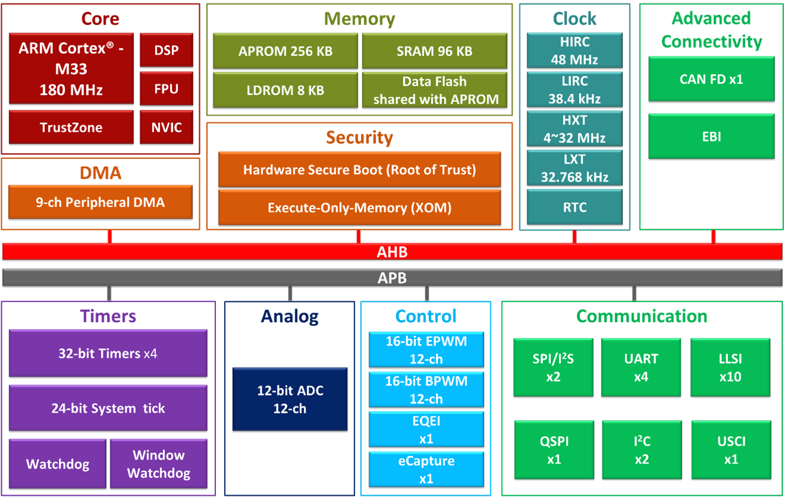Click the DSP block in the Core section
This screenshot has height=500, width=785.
pyautogui.click(x=166, y=50)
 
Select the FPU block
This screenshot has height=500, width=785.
pyautogui.click(x=166, y=88)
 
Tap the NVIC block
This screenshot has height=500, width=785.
pyautogui.click(x=166, y=127)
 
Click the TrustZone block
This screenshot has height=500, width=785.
pyautogui.click(x=71, y=127)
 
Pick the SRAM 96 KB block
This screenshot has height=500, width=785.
pyautogui.click(x=434, y=51)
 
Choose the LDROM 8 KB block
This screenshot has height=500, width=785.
pyautogui.click(x=285, y=90)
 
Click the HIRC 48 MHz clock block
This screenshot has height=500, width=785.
pyautogui.click(x=575, y=51)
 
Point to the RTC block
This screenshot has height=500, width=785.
pyautogui.click(x=575, y=207)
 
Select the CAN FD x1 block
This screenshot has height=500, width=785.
pyautogui.click(x=712, y=79)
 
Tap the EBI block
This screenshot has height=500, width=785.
pyautogui.click(x=712, y=137)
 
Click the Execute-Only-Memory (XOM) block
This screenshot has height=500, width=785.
pyautogui.click(x=360, y=208)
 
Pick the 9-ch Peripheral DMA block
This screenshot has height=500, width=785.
pyautogui.click(x=100, y=202)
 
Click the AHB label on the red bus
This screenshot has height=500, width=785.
pyautogui.click(x=392, y=252)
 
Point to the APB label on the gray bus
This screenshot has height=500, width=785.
pyautogui.click(x=392, y=277)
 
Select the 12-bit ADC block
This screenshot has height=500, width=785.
pyautogui.click(x=290, y=399)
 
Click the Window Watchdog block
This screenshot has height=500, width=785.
pyautogui.click(x=159, y=464)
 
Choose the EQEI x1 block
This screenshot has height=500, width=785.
pyautogui.click(x=426, y=430)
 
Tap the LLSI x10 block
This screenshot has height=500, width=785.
pyautogui.click(x=730, y=368)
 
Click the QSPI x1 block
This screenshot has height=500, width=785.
pyautogui.click(x=554, y=450)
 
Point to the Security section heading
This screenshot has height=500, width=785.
pyautogui.click(x=360, y=137)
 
